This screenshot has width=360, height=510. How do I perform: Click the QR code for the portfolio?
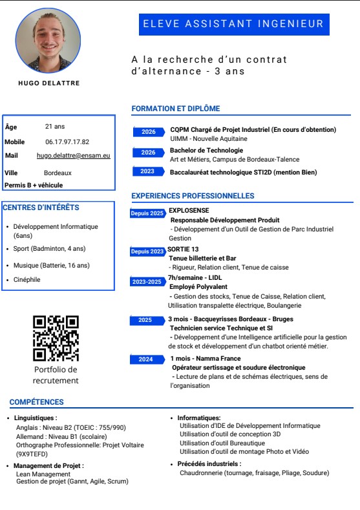[56, 338]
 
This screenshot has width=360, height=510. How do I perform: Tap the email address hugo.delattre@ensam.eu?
[73, 156]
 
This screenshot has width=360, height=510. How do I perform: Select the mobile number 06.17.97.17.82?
[67, 142]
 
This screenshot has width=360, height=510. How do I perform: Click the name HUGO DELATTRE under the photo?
[48, 83]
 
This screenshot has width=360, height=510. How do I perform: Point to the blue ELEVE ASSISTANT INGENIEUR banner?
[233, 24]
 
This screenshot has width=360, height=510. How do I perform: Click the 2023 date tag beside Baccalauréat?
[147, 171]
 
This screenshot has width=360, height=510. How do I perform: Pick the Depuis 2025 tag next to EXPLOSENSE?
[147, 213]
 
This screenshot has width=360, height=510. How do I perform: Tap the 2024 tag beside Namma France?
[145, 359]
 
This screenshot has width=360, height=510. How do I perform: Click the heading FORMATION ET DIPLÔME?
[175, 109]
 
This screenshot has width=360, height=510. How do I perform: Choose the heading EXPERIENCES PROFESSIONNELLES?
[193, 196]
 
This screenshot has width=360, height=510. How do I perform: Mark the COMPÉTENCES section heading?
[36, 402]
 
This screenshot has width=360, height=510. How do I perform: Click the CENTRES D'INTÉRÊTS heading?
[41, 207]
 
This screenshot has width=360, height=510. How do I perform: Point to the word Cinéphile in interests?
[26, 280]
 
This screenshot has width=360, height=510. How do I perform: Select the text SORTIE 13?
[183, 250]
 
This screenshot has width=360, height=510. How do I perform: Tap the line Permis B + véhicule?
[34, 185]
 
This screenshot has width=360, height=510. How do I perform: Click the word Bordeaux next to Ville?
[58, 173]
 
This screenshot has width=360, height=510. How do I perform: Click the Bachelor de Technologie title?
[206, 150]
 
